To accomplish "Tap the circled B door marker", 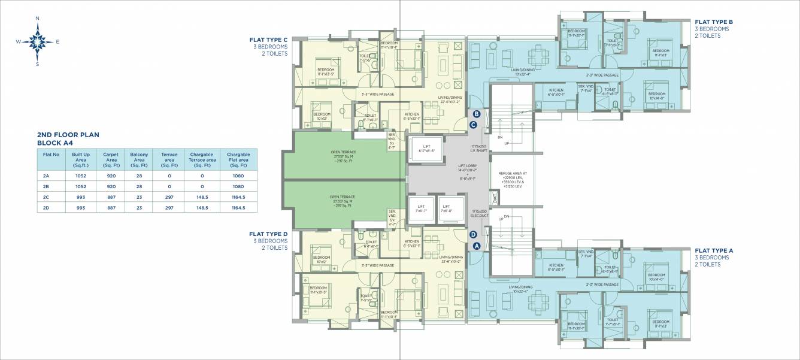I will tap(477, 114).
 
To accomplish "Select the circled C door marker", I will tap(473, 125).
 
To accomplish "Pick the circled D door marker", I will tap(473, 235).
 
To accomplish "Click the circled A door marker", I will tap(477, 246).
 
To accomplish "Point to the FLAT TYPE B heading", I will tap(714, 22).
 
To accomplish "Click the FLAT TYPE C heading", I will tap(268, 40).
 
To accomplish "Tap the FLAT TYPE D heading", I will tap(268, 234).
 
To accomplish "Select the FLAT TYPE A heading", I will tap(714, 250).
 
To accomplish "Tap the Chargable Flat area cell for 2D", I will tap(238, 207).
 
